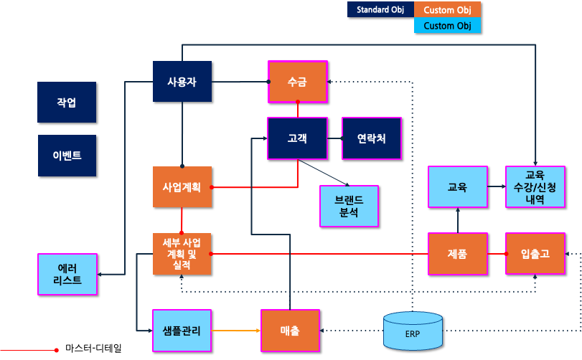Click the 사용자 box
182,82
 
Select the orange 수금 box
297,82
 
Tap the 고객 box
297,138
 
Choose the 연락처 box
371,138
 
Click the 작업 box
67,102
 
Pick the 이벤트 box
67,155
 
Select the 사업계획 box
182,187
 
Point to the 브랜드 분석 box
349,206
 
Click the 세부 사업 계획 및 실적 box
182,254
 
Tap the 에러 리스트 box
67,274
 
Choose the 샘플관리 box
182,331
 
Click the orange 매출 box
290,331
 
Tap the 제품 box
457,254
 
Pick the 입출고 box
535,254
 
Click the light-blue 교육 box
457,187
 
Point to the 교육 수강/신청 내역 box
535,186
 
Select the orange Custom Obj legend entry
447,9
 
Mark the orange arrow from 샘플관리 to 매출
236,331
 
